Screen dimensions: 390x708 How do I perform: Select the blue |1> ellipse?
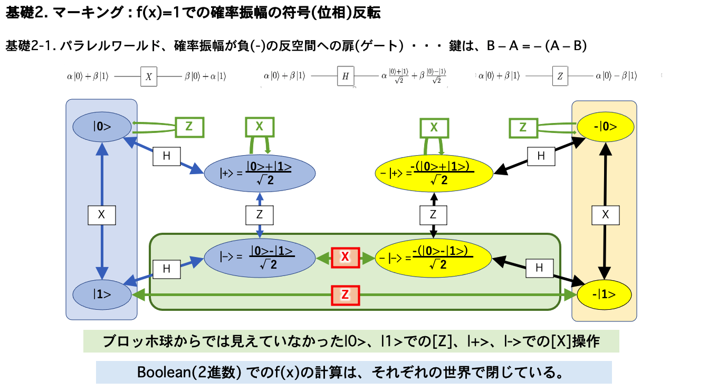(101, 294)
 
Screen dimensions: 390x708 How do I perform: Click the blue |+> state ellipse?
(260, 172)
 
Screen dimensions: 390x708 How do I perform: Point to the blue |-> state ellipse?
(260, 257)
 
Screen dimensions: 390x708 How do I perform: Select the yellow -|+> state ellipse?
(434, 172)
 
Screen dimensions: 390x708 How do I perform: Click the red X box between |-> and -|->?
(345, 257)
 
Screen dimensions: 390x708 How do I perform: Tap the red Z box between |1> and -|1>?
(345, 295)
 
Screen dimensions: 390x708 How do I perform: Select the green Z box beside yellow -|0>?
(523, 127)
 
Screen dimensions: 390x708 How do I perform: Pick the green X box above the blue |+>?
(260, 127)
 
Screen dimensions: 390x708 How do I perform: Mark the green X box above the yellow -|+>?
(434, 127)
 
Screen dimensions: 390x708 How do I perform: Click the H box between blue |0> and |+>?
(167, 156)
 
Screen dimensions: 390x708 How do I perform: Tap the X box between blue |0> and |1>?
(101, 215)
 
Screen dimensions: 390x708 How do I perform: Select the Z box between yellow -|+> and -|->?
(433, 214)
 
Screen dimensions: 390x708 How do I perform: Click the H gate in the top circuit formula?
(346, 76)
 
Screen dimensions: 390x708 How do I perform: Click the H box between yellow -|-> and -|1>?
(539, 268)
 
